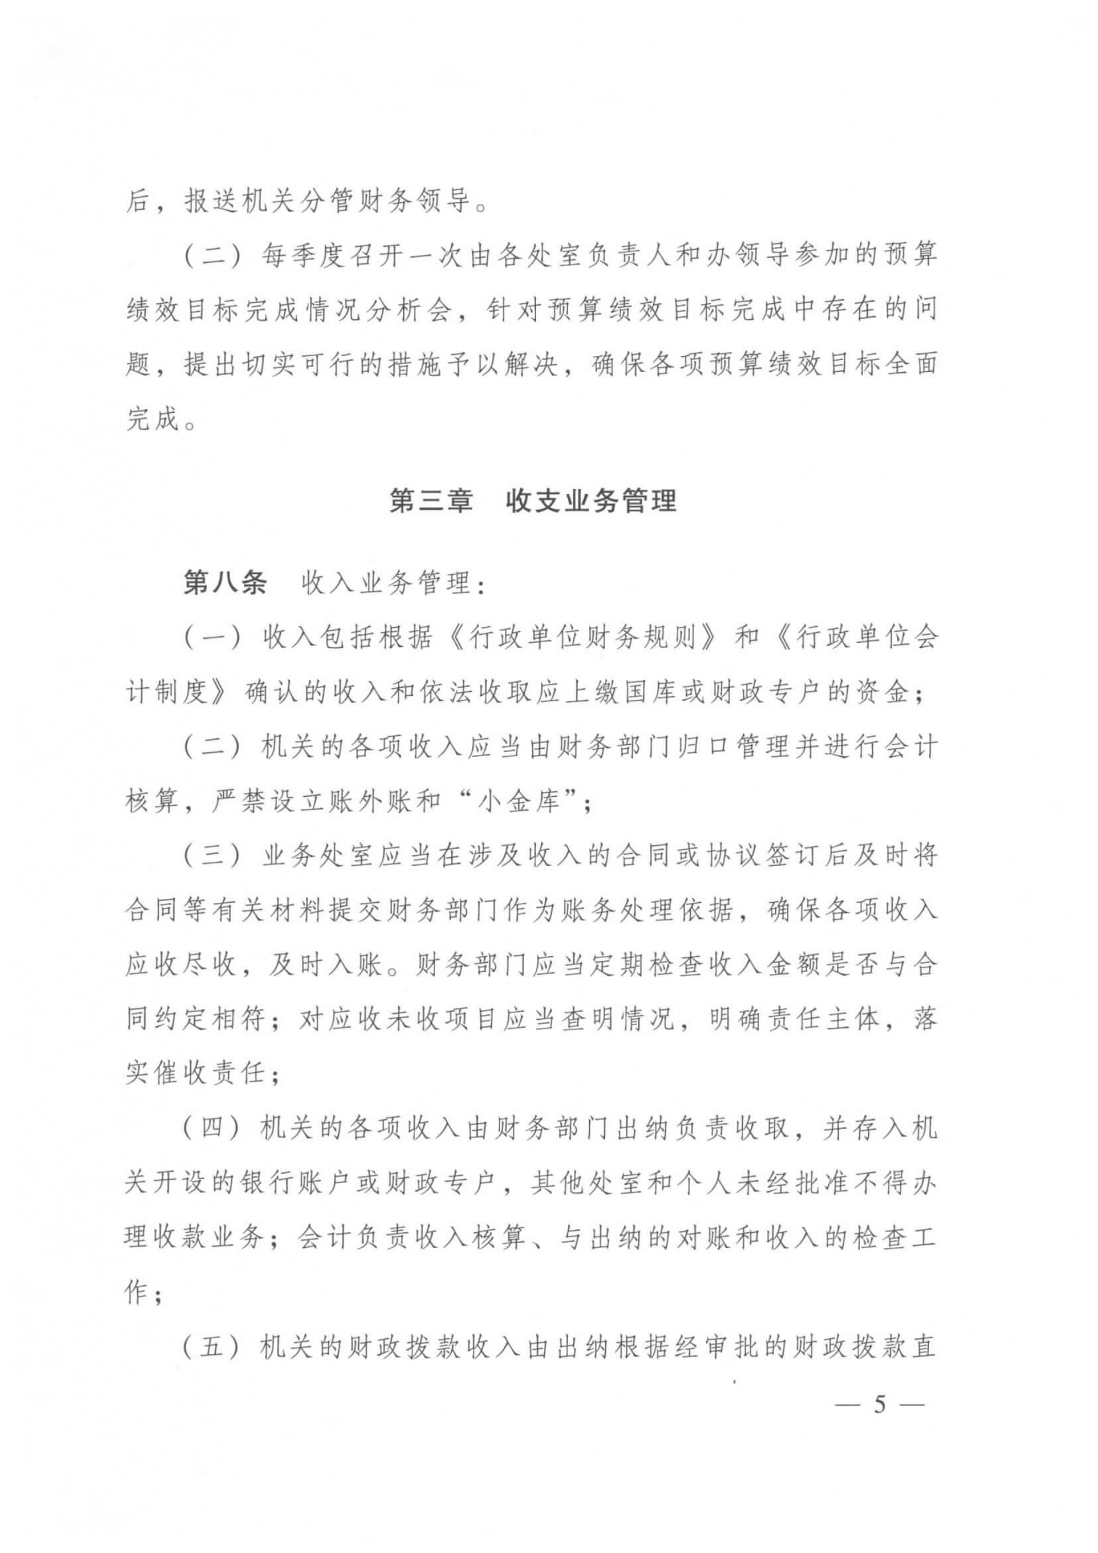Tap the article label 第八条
tap(225, 582)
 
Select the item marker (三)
tap(212, 857)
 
